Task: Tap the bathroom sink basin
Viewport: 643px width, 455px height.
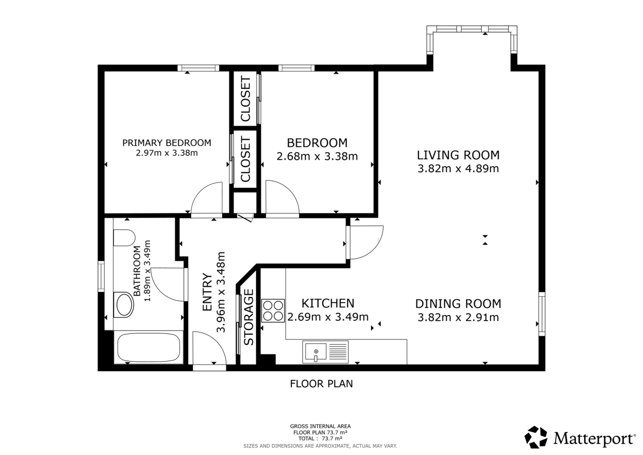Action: coord(125,304)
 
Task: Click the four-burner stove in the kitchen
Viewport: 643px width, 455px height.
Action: coord(273,310)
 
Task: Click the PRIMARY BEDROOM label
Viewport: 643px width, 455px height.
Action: coord(167,143)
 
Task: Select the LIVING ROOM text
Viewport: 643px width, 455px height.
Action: coord(458,155)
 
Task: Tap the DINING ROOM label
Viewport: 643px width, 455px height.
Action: coord(458,304)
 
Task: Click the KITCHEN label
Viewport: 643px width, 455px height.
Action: coord(328,303)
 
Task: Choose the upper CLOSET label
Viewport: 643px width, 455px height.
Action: coord(245,99)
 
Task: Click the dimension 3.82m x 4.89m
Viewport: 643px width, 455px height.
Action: coord(458,169)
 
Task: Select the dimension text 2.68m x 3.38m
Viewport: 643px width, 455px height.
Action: coord(317,156)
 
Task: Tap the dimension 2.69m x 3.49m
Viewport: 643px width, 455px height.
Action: coord(328,317)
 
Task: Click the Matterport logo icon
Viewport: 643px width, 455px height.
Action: coord(536,437)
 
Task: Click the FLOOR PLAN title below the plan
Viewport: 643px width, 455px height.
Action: coord(322,384)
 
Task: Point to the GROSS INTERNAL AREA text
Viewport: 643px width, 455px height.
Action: coord(320,427)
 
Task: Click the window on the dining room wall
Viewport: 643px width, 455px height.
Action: coord(541,314)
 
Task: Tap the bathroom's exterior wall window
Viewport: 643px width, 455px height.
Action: coord(101,276)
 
